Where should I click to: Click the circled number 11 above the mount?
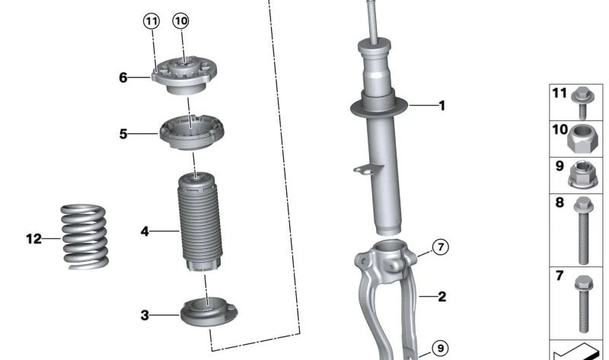pyautogui.click(x=151, y=21)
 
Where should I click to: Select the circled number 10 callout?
pyautogui.click(x=180, y=21)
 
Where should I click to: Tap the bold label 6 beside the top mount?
pyautogui.click(x=123, y=77)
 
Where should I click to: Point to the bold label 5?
pyautogui.click(x=123, y=135)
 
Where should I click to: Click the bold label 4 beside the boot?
pyautogui.click(x=145, y=231)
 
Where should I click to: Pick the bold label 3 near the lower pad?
pyautogui.click(x=145, y=315)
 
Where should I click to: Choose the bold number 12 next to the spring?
pyautogui.click(x=33, y=239)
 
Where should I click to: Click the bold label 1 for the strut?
pyautogui.click(x=442, y=106)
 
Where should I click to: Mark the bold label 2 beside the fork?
pyautogui.click(x=442, y=297)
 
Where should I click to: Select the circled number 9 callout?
pyautogui.click(x=440, y=349)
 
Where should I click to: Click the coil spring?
pyautogui.click(x=84, y=237)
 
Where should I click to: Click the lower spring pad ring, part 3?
pyautogui.click(x=209, y=312)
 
